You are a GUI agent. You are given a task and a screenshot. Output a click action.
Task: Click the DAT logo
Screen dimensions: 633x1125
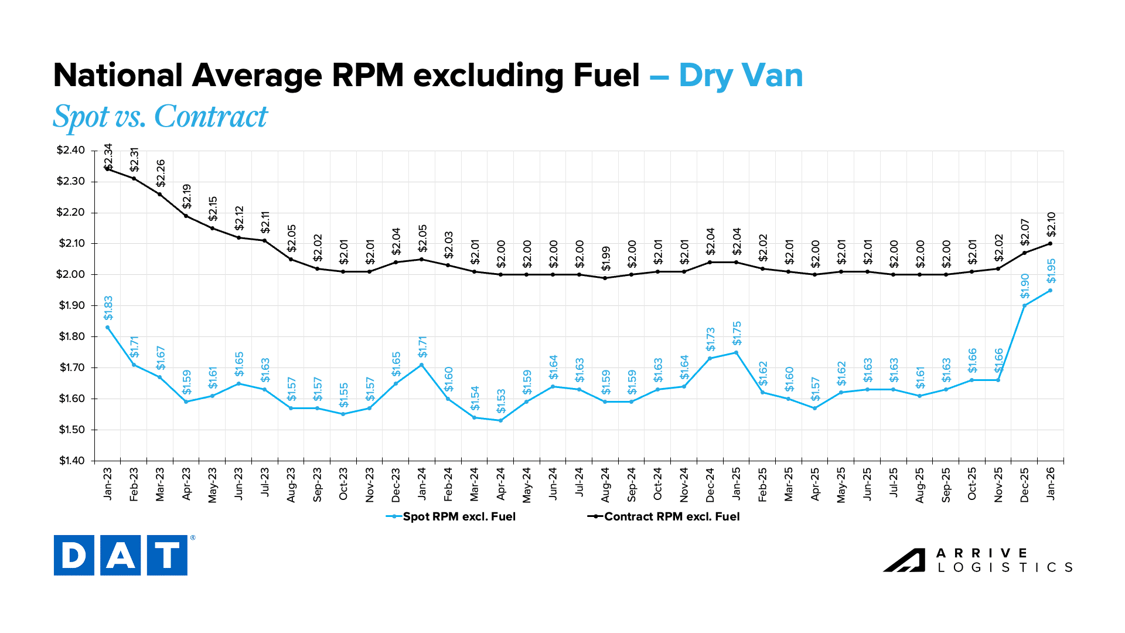click(121, 555)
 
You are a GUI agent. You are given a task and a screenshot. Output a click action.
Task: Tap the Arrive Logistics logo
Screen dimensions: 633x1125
click(977, 560)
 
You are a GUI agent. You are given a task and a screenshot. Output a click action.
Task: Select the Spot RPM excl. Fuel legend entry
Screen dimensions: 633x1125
click(451, 516)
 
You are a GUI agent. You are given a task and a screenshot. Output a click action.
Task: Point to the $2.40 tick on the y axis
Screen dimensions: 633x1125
click(70, 151)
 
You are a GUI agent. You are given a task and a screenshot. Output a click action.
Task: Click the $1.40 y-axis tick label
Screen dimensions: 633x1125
click(71, 461)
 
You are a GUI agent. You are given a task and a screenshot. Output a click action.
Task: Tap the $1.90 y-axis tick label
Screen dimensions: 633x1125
click(71, 305)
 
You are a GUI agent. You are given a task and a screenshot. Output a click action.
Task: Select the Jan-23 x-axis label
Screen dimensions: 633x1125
click(108, 484)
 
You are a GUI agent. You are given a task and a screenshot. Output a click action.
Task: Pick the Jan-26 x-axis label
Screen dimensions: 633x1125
click(1051, 484)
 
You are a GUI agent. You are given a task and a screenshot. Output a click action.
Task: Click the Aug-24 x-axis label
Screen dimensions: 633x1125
click(605, 485)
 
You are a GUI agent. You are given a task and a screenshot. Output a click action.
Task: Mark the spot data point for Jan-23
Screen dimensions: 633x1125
click(108, 327)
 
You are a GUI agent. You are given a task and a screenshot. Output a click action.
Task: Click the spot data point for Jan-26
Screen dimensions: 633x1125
click(1050, 290)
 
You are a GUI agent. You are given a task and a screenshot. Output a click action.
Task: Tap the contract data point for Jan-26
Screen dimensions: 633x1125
click(1050, 243)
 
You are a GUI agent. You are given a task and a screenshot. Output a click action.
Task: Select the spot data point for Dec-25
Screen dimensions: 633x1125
click(1024, 305)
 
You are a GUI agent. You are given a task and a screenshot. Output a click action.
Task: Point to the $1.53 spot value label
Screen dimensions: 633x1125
click(501, 401)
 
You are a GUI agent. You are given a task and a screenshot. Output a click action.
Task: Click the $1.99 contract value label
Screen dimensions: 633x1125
click(606, 258)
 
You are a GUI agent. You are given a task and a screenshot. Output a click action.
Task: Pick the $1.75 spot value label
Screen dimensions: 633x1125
click(737, 333)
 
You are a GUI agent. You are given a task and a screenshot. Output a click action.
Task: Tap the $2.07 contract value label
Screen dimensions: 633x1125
click(1025, 232)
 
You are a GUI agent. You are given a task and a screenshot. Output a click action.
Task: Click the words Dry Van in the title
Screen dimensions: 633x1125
click(741, 76)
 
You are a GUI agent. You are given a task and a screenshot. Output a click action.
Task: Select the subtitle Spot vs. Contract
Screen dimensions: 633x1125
click(160, 116)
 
